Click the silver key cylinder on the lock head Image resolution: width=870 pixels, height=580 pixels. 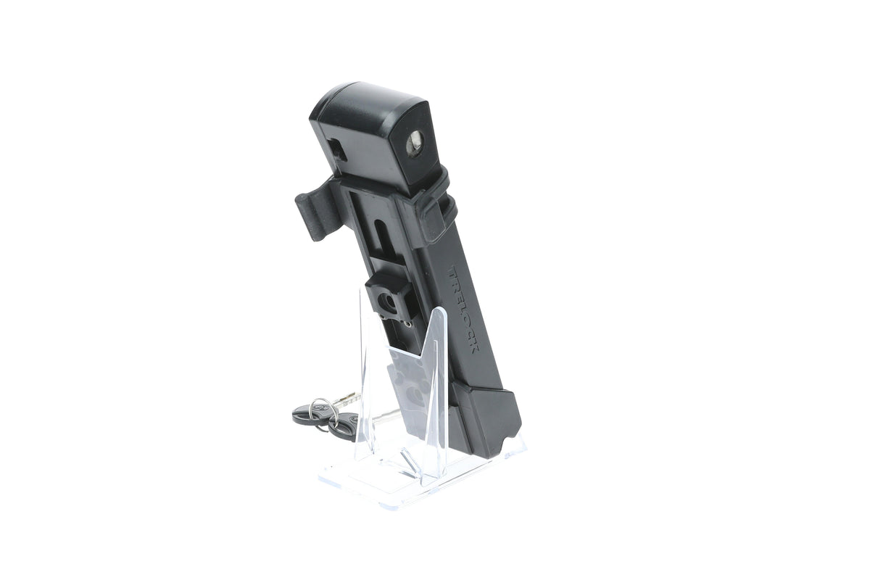click(416, 143)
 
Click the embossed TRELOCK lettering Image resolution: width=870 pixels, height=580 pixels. click(464, 310)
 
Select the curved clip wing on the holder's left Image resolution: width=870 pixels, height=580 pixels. click(315, 212)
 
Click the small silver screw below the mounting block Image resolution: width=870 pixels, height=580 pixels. click(407, 323)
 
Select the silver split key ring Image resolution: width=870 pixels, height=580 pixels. click(320, 410)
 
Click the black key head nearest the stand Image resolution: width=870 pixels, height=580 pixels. click(341, 426)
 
